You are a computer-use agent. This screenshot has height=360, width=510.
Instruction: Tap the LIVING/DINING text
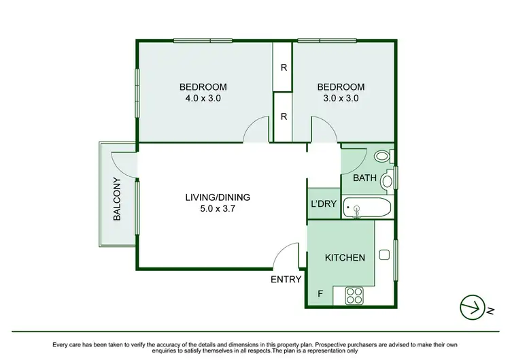218,197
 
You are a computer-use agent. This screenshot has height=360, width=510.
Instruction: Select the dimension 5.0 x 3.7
218,209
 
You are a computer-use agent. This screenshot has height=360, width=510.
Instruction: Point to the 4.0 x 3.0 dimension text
203,98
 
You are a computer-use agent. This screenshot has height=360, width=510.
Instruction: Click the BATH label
364,178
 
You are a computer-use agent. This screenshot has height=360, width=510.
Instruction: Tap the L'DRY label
324,205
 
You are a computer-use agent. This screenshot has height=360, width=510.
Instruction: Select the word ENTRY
286,279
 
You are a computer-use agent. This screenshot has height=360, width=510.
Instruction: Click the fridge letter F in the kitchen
320,294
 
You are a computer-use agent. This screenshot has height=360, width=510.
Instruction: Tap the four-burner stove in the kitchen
355,295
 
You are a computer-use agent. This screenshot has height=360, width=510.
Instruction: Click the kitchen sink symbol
384,257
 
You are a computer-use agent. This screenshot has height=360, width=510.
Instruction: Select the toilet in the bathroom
382,157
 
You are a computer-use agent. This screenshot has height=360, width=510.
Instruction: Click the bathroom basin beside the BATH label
387,181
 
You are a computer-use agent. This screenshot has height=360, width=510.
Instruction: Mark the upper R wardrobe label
283,67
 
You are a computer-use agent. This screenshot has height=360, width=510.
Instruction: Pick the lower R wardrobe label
283,117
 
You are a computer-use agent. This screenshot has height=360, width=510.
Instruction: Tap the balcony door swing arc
120,161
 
